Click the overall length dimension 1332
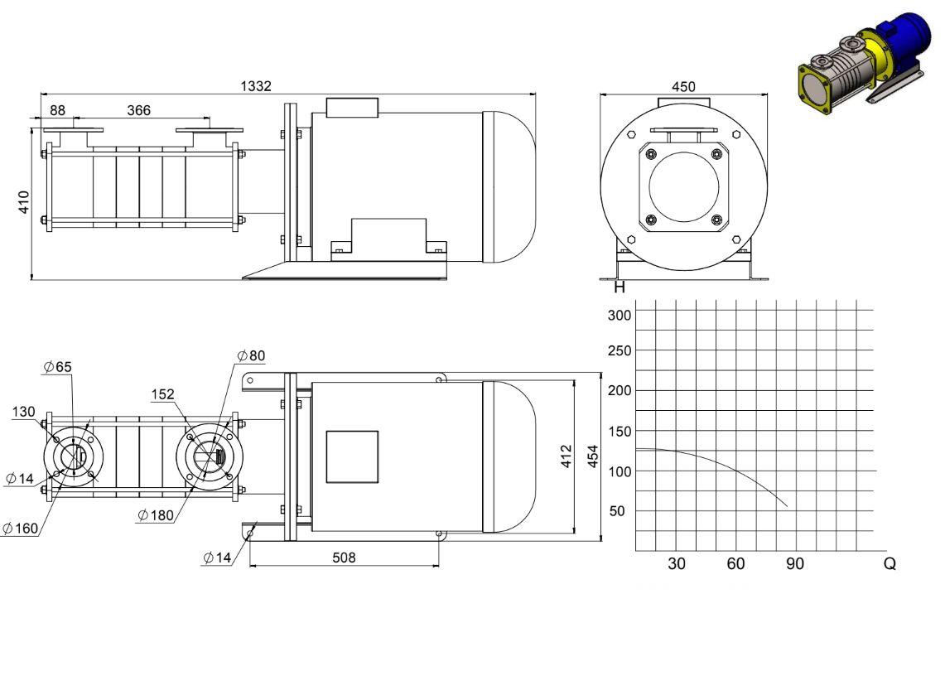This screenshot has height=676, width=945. click(256, 86)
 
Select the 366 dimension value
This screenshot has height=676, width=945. click(138, 110)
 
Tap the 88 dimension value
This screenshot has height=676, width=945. click(57, 110)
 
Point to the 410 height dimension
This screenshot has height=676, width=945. click(23, 201)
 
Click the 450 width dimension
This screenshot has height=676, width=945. click(683, 87)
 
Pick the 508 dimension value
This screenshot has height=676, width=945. click(345, 558)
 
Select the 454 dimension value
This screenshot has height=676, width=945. click(593, 456)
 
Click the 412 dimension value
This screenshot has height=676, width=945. click(566, 456)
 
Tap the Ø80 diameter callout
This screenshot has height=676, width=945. click(251, 355)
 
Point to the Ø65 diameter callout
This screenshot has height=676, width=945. click(58, 367)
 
